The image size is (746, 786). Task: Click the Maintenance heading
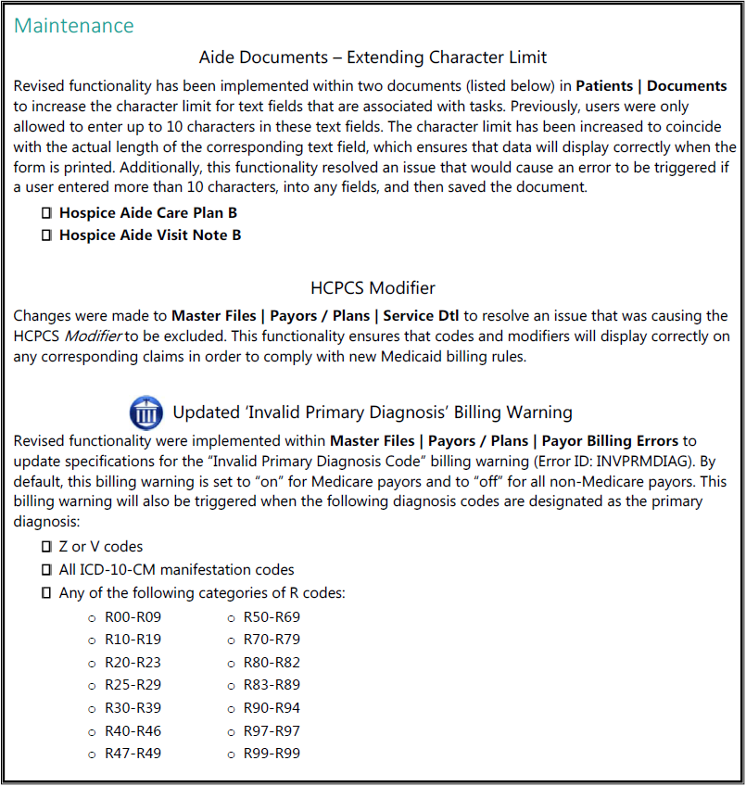point(74,25)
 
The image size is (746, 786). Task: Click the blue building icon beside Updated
point(146,412)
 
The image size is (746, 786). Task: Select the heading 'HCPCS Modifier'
point(373,287)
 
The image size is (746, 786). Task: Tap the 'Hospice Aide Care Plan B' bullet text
point(147,212)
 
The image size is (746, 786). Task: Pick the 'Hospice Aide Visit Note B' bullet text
point(150,235)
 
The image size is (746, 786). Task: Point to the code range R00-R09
point(133,616)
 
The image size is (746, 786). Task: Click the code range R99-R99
point(272,754)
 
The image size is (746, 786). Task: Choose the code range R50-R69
point(272,616)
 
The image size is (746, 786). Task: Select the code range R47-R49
point(133,754)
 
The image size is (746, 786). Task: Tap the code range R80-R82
point(272,663)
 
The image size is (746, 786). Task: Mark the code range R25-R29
point(133,685)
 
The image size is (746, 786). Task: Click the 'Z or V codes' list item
point(101,547)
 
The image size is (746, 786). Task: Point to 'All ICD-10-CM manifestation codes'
point(176,570)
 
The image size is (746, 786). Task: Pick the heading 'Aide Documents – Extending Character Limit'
point(373,57)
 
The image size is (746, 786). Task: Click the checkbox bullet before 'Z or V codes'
point(46,547)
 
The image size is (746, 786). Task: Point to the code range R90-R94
point(272,708)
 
